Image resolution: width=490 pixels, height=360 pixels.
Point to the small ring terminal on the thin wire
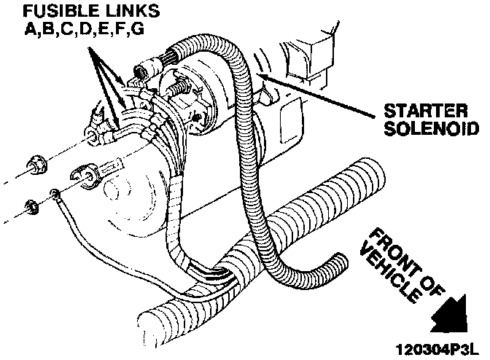click(55, 194)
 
